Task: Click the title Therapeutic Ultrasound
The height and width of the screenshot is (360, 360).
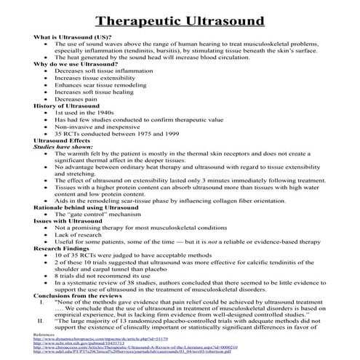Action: click(x=179, y=16)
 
